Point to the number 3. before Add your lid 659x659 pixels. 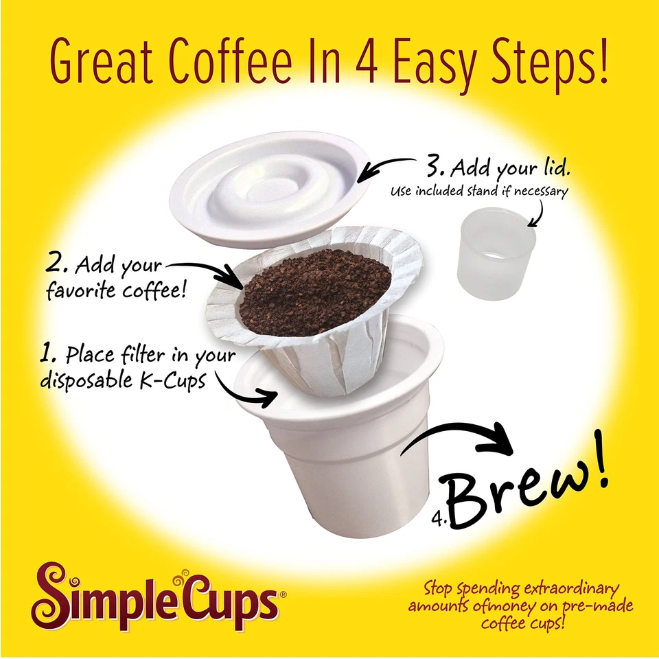click(x=437, y=168)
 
